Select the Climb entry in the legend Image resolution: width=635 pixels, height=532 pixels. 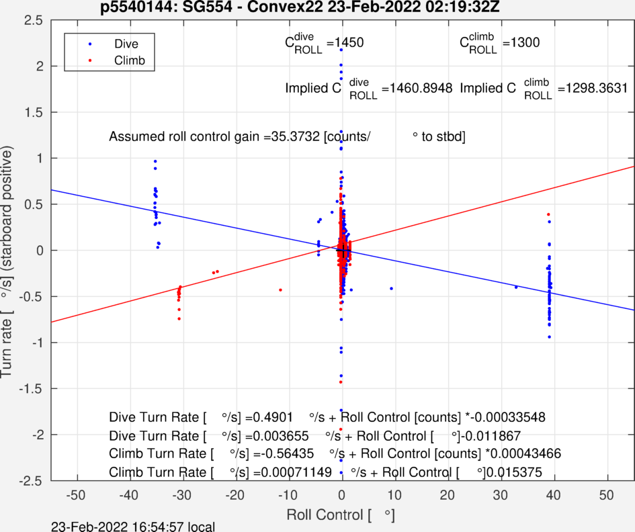pos(127,60)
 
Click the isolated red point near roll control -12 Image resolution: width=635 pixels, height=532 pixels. pos(280,290)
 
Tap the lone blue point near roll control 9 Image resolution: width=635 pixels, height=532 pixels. pos(391,288)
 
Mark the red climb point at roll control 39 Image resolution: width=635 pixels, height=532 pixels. pos(548,214)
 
